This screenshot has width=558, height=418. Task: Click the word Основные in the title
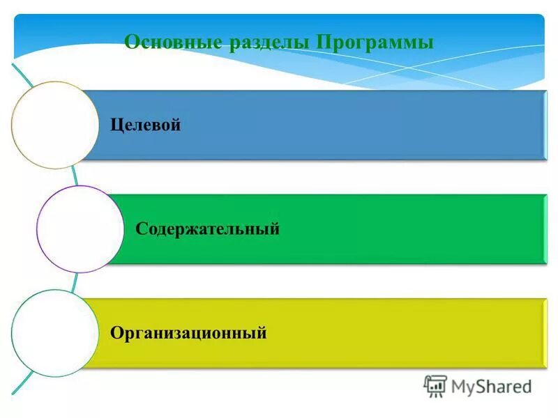click(172, 42)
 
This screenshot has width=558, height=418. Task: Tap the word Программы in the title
click(375, 42)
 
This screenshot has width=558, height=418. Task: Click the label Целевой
click(146, 125)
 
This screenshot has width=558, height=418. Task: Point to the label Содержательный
click(207, 229)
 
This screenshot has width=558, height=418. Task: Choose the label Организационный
click(188, 333)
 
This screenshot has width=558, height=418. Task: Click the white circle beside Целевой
click(55, 125)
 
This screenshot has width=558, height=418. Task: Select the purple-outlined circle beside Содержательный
click(80, 229)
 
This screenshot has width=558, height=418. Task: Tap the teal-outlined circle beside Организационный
click(55, 333)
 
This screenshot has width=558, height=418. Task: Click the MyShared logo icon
click(435, 385)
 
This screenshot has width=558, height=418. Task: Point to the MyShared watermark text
click(491, 386)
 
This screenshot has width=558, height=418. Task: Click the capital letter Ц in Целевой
click(116, 125)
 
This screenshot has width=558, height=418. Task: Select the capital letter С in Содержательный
click(140, 229)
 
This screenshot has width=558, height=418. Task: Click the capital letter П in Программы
click(322, 42)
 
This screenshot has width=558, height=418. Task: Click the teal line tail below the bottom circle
click(22, 385)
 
